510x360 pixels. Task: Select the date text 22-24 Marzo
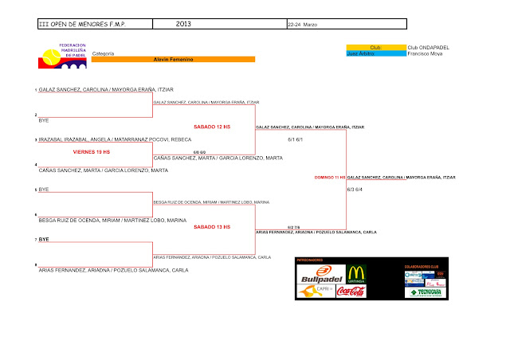coord(303,25)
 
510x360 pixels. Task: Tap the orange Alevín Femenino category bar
coord(173,60)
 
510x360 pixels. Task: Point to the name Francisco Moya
coord(422,53)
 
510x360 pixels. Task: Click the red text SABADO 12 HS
coord(212,127)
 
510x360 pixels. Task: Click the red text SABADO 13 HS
coord(212,227)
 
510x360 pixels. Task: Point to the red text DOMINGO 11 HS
coord(330,177)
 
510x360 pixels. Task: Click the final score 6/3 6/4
coord(355,189)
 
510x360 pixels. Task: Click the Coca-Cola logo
coord(351,292)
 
